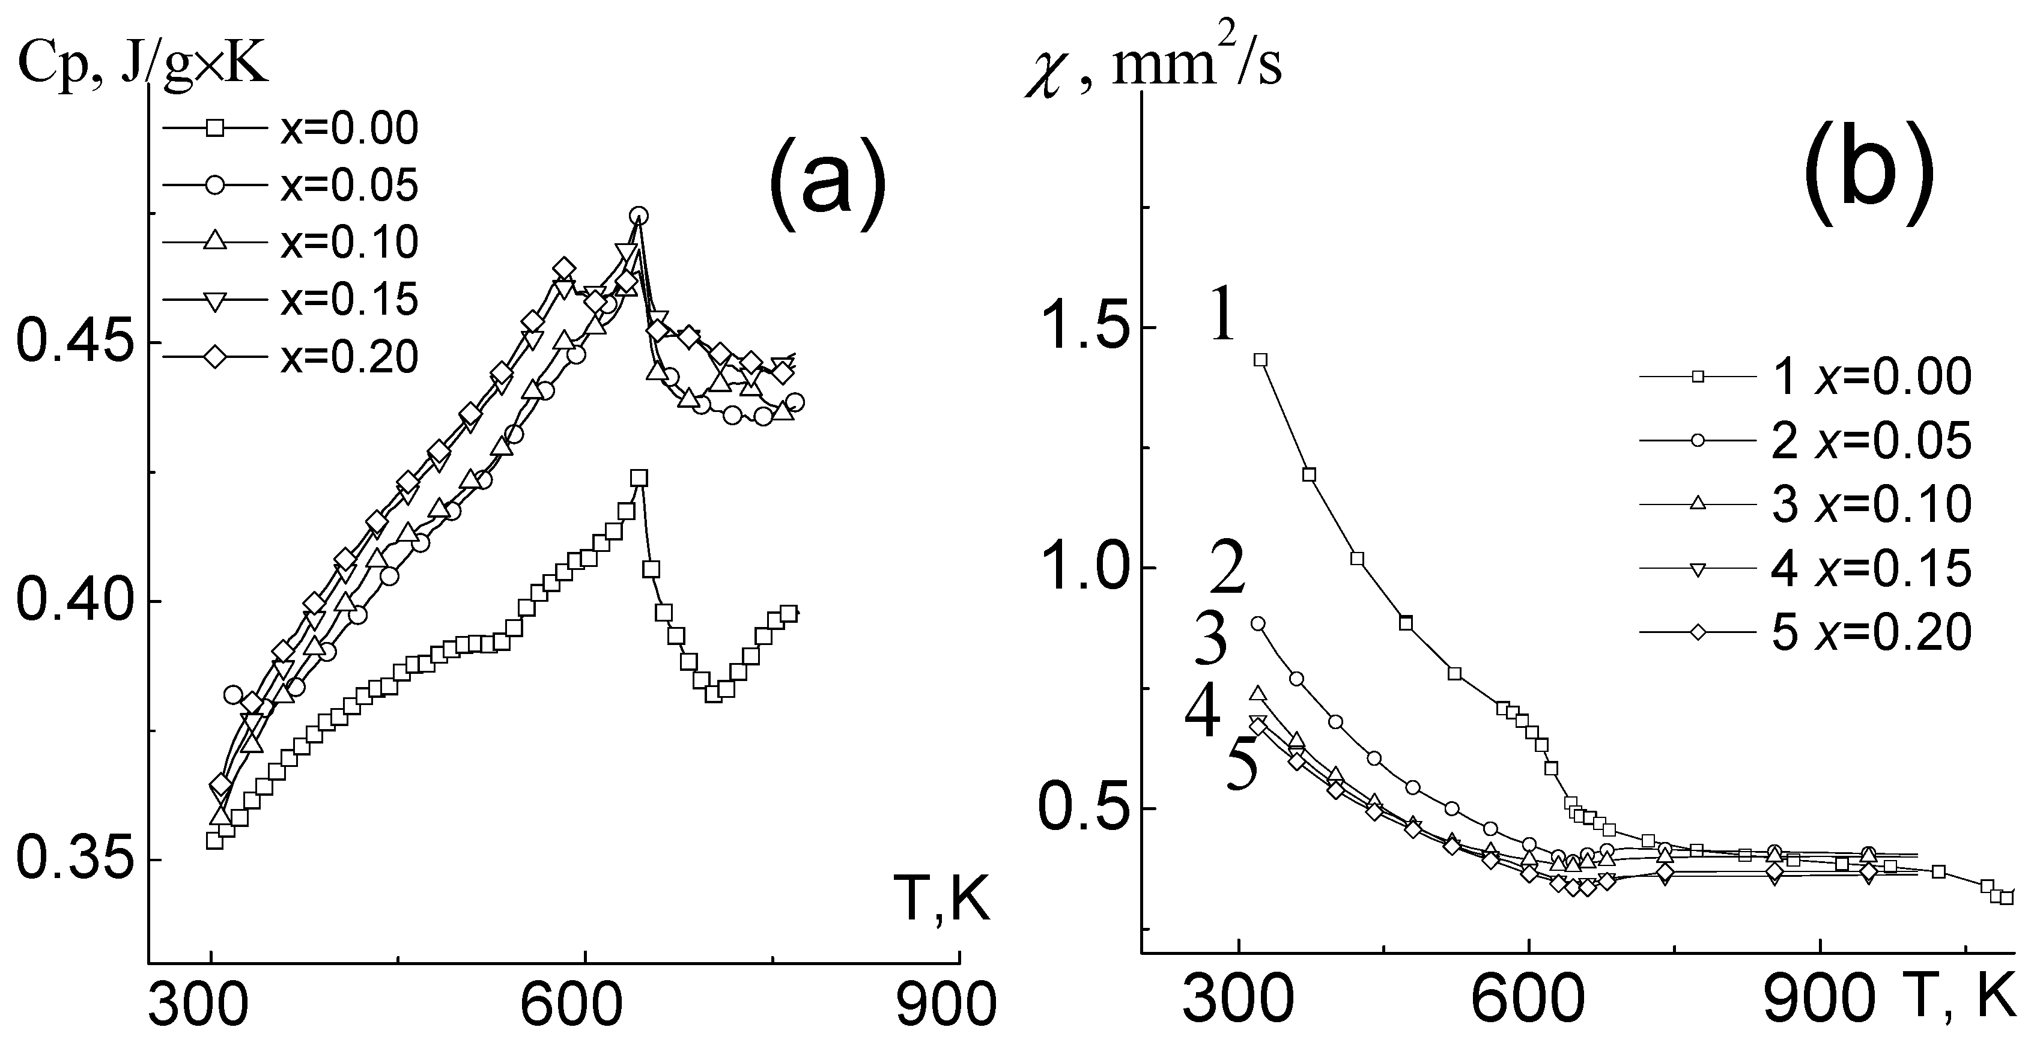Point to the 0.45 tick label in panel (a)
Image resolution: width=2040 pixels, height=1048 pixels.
click(x=72, y=344)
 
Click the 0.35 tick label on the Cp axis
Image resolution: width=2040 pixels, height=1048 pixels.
click(x=72, y=861)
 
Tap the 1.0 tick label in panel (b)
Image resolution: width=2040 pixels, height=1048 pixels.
click(x=1078, y=568)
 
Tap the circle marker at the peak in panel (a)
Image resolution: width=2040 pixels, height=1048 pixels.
click(x=639, y=215)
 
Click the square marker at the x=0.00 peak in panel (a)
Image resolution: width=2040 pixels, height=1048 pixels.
click(x=639, y=478)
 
